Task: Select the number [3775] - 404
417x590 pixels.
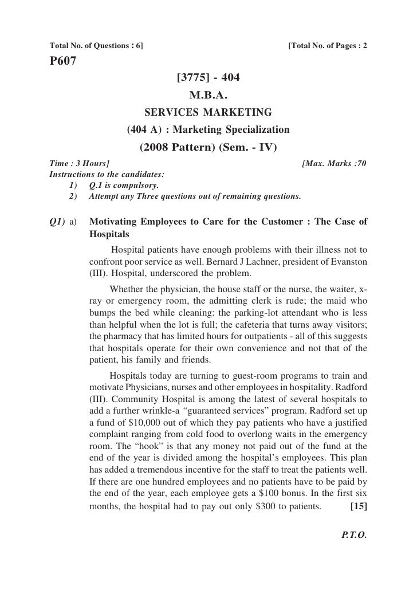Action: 209,77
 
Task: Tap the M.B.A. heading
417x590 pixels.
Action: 209,94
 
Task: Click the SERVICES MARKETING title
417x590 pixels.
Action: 209,111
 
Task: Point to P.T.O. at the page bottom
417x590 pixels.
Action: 353,538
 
